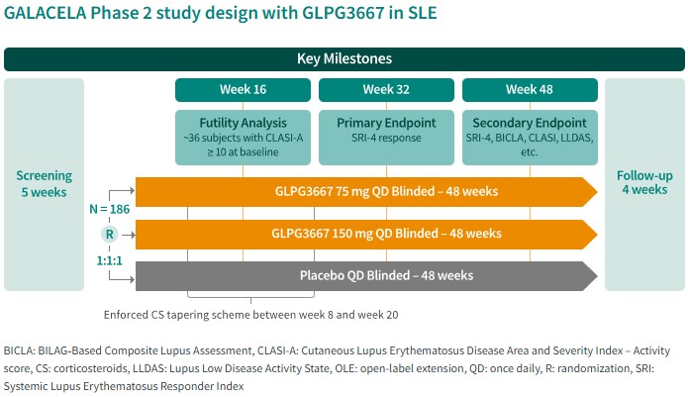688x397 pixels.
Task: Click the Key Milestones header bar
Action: pos(344,58)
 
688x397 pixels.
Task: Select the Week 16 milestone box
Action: pos(243,90)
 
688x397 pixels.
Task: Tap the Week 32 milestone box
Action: pos(386,90)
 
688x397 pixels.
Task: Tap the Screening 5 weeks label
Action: pos(44,184)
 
